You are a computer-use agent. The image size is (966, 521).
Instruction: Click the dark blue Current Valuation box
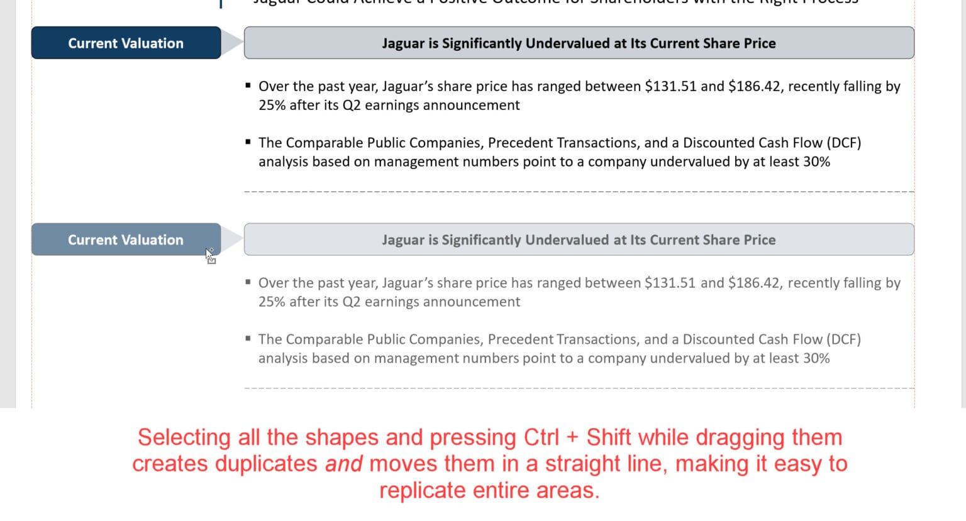(126, 43)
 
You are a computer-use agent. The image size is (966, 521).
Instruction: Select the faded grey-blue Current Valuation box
(126, 239)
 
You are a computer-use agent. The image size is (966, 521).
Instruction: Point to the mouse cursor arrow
(209, 254)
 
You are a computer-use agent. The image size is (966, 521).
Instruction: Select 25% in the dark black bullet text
(272, 105)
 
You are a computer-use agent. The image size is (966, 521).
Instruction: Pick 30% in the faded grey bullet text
(816, 358)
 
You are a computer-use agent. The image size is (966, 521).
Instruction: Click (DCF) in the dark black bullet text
(843, 143)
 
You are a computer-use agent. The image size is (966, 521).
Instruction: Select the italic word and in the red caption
(343, 464)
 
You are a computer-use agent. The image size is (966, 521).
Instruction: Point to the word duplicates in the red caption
(266, 464)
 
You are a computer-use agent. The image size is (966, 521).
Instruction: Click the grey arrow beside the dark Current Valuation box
(232, 43)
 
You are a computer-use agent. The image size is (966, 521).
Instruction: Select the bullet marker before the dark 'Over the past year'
(248, 85)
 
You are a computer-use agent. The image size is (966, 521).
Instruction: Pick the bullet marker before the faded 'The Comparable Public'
(248, 339)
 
